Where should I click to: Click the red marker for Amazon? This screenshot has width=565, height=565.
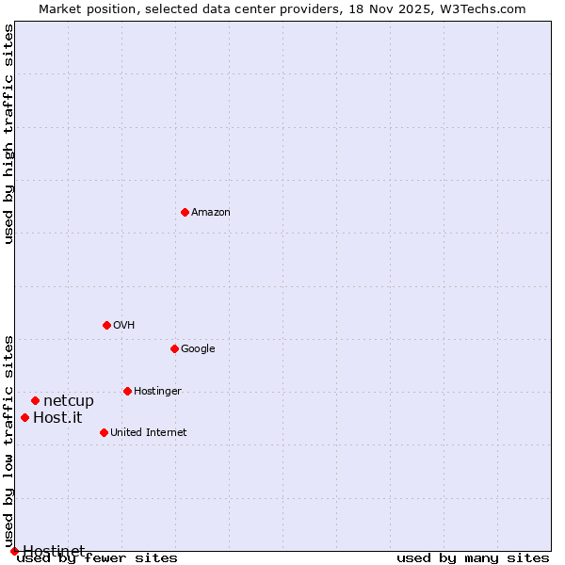click(x=185, y=212)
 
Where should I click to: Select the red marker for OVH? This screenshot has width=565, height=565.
click(x=106, y=325)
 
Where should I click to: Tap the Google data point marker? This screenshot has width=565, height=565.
click(x=174, y=348)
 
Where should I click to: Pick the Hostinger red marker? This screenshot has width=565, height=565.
click(x=127, y=391)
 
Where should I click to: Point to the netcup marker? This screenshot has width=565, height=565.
click(x=35, y=400)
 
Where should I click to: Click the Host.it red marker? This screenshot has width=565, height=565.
click(x=24, y=417)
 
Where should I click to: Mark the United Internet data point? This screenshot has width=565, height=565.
click(x=104, y=432)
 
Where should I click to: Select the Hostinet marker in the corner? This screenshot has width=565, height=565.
click(x=14, y=551)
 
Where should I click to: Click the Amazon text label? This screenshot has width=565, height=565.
click(x=210, y=213)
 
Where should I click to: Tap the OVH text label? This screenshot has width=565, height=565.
click(x=123, y=326)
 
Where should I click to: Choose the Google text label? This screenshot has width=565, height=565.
click(x=198, y=349)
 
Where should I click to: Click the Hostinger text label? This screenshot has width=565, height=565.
click(x=157, y=392)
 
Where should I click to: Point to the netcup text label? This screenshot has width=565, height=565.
click(x=69, y=401)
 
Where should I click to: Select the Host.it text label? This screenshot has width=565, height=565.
click(x=57, y=418)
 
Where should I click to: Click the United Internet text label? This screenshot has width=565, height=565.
click(x=148, y=433)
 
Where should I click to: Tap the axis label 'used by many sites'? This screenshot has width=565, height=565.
click(x=473, y=557)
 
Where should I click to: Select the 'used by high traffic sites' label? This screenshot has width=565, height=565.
click(x=9, y=134)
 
